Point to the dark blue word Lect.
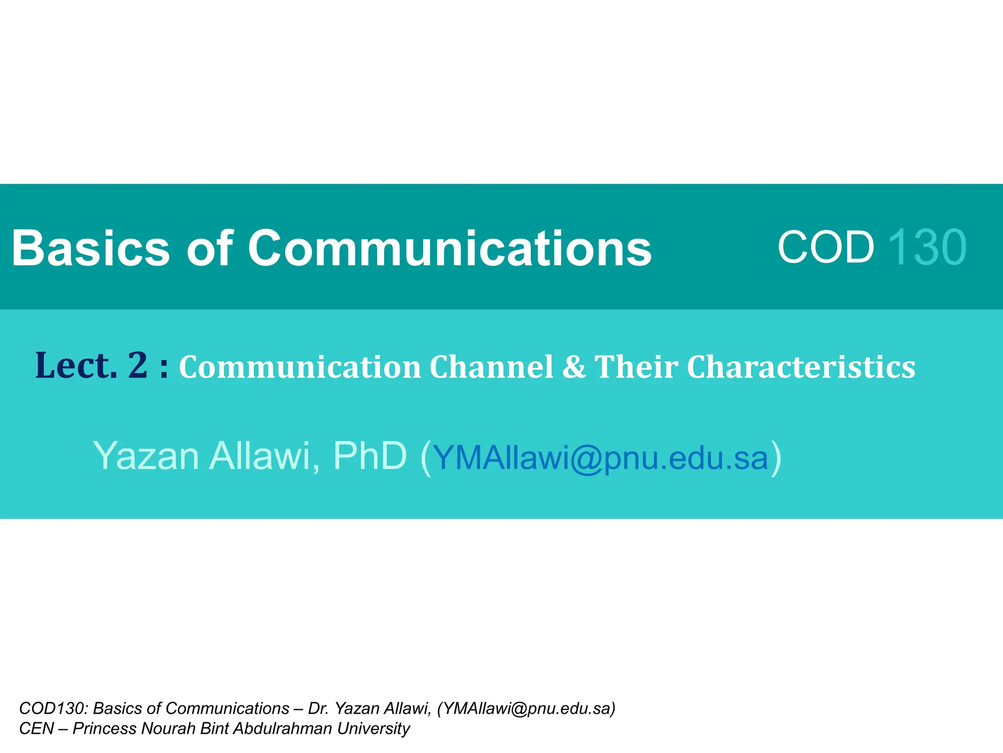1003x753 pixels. (76, 366)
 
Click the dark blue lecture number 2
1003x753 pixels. (138, 365)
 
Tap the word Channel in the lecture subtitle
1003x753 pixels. (492, 367)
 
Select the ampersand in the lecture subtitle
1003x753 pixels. (573, 367)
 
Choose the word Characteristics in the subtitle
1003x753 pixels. (801, 367)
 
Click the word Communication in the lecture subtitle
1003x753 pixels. (300, 367)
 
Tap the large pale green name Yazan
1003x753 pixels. (146, 456)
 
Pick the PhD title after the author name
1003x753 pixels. (370, 456)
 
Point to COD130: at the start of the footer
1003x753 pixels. (53, 708)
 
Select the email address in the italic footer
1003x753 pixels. (526, 709)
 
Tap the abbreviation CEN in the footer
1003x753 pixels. (36, 728)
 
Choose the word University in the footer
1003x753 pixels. (373, 729)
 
